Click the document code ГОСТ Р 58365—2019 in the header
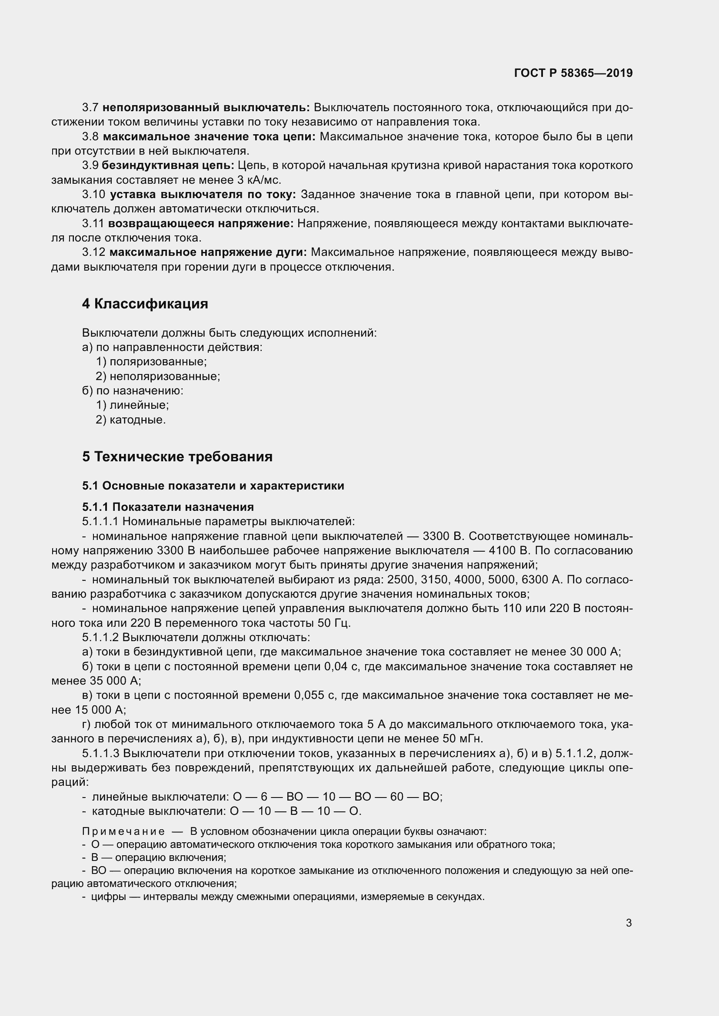pos(573,73)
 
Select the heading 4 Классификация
pos(145,304)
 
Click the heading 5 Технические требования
pos(177,457)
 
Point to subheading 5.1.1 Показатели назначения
pos(168,506)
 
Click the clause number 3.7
pos(90,108)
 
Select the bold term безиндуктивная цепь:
pos(168,165)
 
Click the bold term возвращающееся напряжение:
pos(200,223)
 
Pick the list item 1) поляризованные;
pos(151,361)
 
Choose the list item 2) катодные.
pos(130,420)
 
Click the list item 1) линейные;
pos(133,405)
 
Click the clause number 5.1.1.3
pos(100,753)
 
